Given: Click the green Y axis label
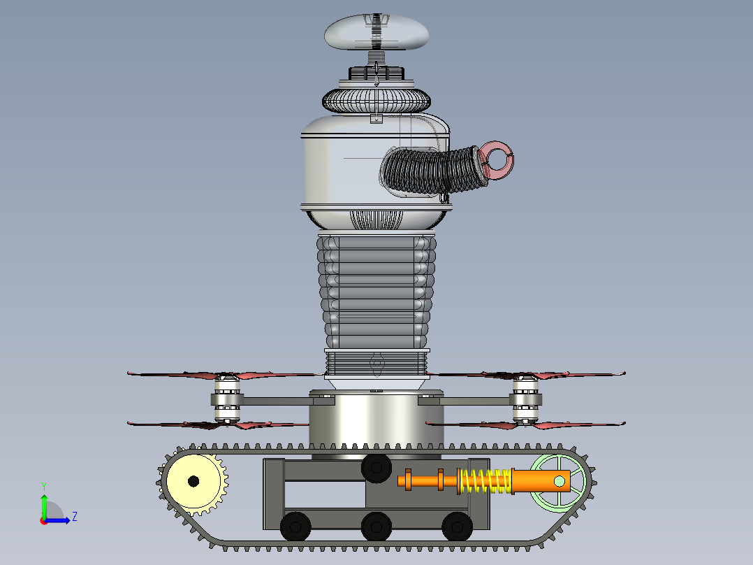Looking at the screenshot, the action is coord(44,486).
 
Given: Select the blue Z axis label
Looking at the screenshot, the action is coord(75,517).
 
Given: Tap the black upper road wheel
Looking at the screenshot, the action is coord(376,467).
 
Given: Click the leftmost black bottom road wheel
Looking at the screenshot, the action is coord(295,527).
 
